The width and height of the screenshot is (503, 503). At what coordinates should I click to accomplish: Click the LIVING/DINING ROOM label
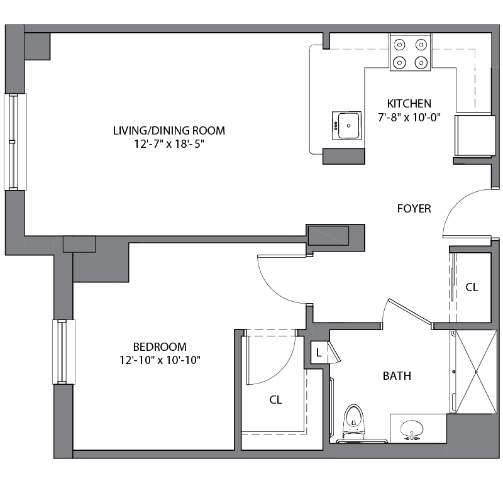[169, 131]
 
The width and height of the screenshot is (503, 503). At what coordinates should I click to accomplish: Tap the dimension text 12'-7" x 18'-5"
[169, 143]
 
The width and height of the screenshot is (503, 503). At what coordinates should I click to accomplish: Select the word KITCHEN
[409, 104]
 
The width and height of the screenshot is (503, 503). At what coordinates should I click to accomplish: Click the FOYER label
[414, 209]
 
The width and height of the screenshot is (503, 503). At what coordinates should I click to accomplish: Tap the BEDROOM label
[160, 346]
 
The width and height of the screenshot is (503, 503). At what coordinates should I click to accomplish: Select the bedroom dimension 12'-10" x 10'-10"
[160, 360]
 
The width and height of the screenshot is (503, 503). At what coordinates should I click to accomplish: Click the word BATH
[397, 376]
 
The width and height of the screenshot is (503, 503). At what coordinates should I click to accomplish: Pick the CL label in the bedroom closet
[275, 400]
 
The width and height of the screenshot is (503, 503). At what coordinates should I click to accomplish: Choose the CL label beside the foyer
[472, 287]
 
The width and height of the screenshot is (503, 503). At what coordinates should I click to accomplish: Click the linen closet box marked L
[319, 353]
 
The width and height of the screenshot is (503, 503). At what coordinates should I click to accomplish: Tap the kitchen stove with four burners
[410, 53]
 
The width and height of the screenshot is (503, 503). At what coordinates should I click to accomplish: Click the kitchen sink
[346, 125]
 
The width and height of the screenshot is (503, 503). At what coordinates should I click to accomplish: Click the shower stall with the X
[475, 372]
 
